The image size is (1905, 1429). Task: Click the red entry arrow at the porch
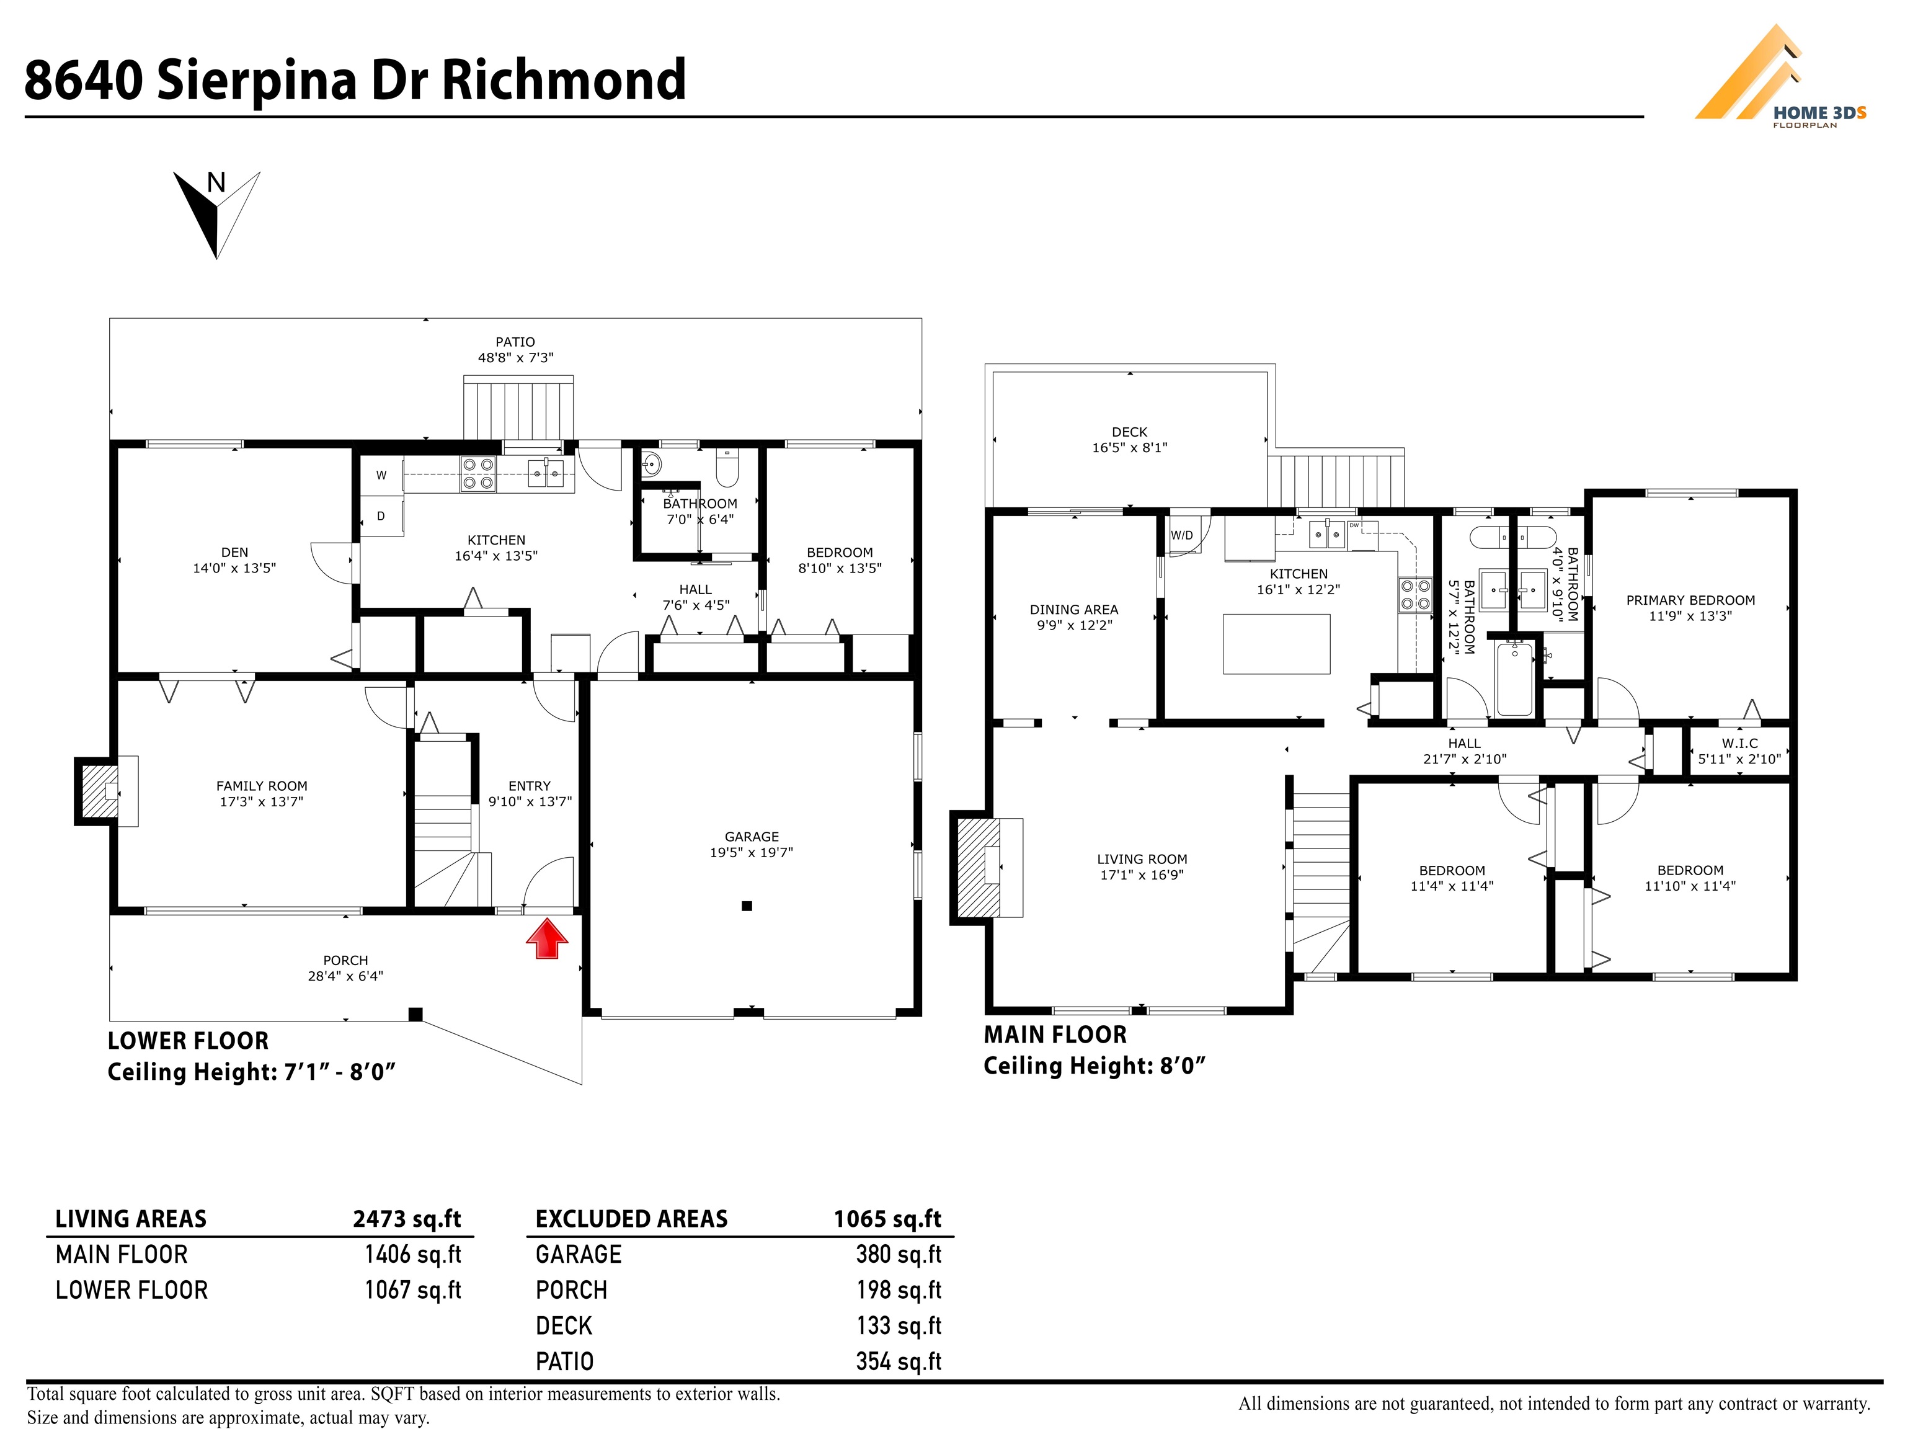pyautogui.click(x=547, y=939)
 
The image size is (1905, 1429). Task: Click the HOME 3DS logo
pyautogui.click(x=1779, y=77)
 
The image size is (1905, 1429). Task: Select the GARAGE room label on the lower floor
pyautogui.click(x=751, y=844)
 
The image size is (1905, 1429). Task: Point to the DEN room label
pyautogui.click(x=234, y=560)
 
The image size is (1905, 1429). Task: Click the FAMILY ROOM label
pyautogui.click(x=262, y=793)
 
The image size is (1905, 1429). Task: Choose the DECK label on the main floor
pyautogui.click(x=1129, y=439)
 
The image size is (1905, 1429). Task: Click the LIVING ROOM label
pyautogui.click(x=1142, y=866)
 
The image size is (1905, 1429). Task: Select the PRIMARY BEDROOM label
pyautogui.click(x=1690, y=607)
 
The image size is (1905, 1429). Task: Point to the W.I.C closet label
pyautogui.click(x=1739, y=751)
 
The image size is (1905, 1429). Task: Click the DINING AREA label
pyautogui.click(x=1074, y=617)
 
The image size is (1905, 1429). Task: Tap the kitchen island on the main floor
pyautogui.click(x=1276, y=643)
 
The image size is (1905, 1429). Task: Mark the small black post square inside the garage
pyautogui.click(x=747, y=906)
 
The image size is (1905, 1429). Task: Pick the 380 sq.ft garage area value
pyautogui.click(x=899, y=1254)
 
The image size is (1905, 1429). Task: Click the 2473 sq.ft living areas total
pyautogui.click(x=407, y=1219)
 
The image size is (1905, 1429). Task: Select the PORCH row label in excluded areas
pyautogui.click(x=571, y=1290)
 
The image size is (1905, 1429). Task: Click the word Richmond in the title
pyautogui.click(x=564, y=79)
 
